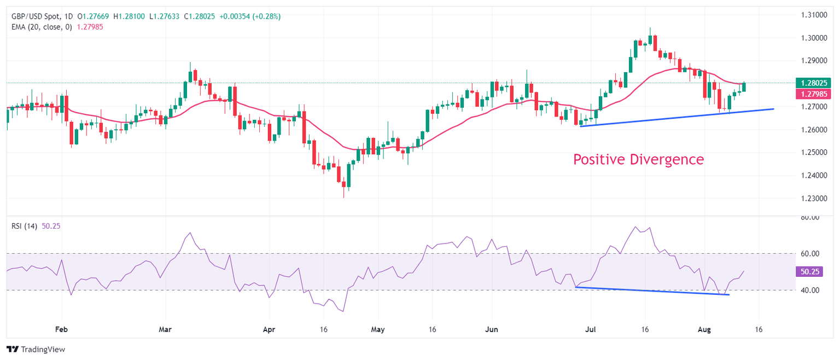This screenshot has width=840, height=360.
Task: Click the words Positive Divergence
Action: click(x=638, y=160)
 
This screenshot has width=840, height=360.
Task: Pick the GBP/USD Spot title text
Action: click(x=38, y=17)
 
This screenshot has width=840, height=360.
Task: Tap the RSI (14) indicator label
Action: click(x=25, y=226)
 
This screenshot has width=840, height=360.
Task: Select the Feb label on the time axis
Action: click(x=61, y=330)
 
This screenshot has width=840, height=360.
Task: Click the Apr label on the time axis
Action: click(x=269, y=330)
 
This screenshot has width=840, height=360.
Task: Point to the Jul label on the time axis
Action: click(x=590, y=330)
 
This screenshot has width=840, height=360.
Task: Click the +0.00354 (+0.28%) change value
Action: click(x=249, y=17)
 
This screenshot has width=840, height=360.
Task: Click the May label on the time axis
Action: click(x=378, y=330)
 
